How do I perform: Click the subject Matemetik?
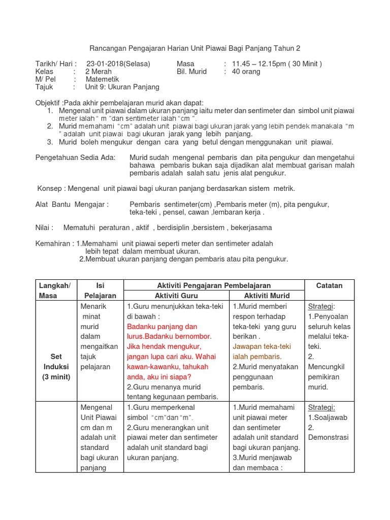102,79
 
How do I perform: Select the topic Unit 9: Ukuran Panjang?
122,87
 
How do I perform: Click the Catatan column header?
329,285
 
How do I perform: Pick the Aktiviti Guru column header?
176,296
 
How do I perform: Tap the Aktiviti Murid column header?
267,296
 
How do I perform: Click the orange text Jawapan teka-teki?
262,346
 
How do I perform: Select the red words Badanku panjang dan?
162,326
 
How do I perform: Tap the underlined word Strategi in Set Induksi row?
321,306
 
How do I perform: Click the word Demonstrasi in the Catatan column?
328,437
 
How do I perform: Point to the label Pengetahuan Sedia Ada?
76,157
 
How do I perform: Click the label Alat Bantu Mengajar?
72,204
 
